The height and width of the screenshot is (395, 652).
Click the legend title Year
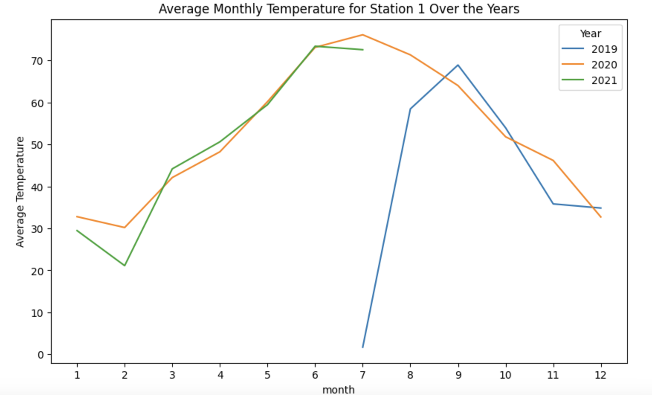pos(590,33)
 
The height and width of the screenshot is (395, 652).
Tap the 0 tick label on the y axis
pos(41,355)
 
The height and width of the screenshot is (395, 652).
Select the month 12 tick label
pos(601,375)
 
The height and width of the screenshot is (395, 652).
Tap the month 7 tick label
pos(362,375)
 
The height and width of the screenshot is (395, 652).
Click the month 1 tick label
pos(77,375)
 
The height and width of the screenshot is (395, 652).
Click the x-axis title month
pos(338,389)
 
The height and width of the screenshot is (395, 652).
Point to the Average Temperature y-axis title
pos(20,192)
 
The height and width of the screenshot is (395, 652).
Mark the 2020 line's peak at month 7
pos(362,35)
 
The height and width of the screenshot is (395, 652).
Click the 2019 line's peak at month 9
pos(458,65)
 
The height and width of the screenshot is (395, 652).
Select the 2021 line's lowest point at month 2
pos(125,266)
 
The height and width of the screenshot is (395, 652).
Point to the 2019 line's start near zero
pos(362,347)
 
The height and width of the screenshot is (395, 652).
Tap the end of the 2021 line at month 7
pos(362,49)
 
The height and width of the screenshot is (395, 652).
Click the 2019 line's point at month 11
pos(553,204)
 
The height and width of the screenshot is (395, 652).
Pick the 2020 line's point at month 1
pos(77,216)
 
